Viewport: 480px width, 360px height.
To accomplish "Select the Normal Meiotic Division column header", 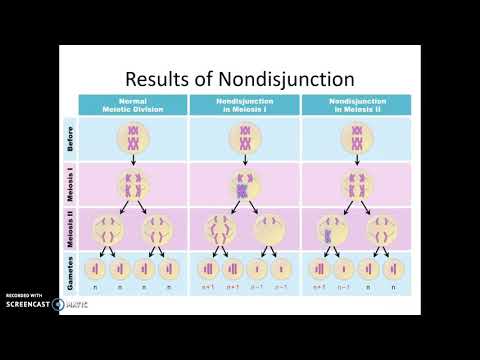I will tap(133, 105).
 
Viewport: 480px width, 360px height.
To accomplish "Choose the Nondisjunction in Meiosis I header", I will tap(244, 105).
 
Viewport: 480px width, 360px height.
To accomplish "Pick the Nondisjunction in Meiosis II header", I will tap(355, 105).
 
